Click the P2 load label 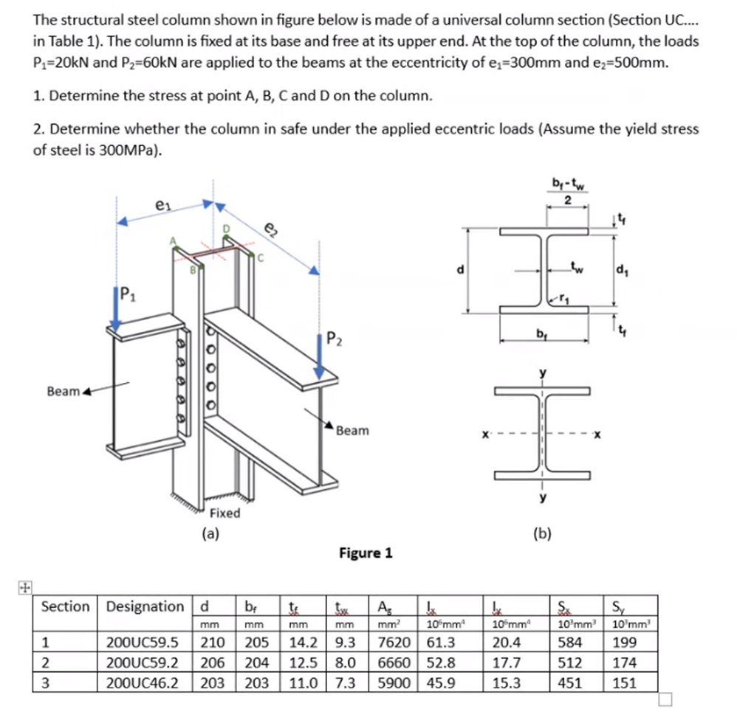pyautogui.click(x=335, y=342)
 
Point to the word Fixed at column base pyautogui.click(x=224, y=513)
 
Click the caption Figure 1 pyautogui.click(x=366, y=553)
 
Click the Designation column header pyautogui.click(x=145, y=607)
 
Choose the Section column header pyautogui.click(x=66, y=607)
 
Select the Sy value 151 pyautogui.click(x=625, y=683)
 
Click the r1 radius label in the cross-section pyautogui.click(x=567, y=297)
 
